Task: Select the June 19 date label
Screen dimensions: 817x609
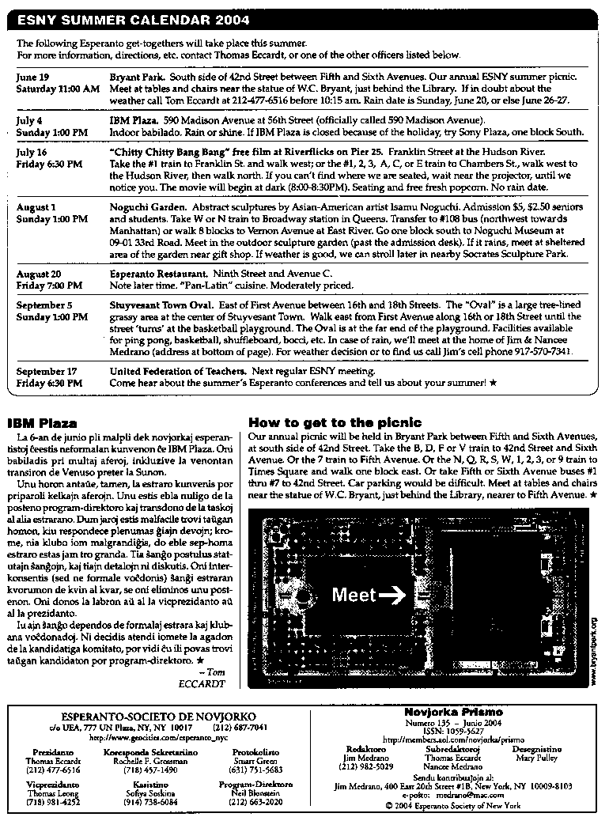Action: pos(32,77)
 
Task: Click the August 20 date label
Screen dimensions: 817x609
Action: pos(40,274)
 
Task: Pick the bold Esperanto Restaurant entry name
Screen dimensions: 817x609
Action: pos(158,274)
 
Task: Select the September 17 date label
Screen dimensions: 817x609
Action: pos(47,371)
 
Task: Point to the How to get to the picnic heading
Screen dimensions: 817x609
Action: pos(335,423)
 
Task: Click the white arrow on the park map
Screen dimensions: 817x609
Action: pos(392,595)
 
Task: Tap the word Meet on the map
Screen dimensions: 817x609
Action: pos(354,595)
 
